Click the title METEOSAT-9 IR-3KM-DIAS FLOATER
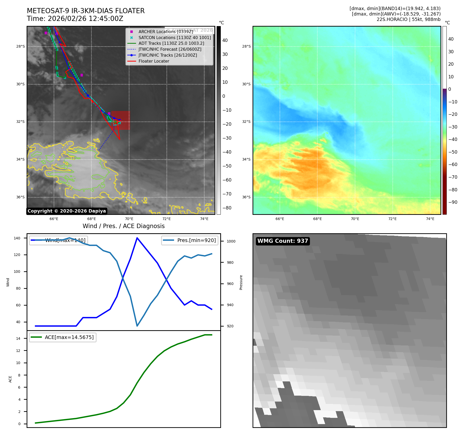[85, 11]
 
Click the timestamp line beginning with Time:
[75, 19]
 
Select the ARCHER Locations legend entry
[166, 32]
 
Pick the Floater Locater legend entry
[154, 61]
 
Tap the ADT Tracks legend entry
[171, 43]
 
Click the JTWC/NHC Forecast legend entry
[170, 49]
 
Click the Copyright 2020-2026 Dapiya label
[67, 211]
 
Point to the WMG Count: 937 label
[282, 241]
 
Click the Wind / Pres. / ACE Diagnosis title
[123, 226]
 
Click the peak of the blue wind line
[137, 238]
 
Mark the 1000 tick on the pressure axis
[231, 241]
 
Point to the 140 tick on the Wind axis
[17, 238]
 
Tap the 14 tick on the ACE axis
[18, 338]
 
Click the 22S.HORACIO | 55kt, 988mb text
[408, 19]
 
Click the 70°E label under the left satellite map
[129, 219]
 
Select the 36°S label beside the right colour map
[246, 197]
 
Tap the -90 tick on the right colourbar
[453, 202]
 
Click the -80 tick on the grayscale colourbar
[227, 208]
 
